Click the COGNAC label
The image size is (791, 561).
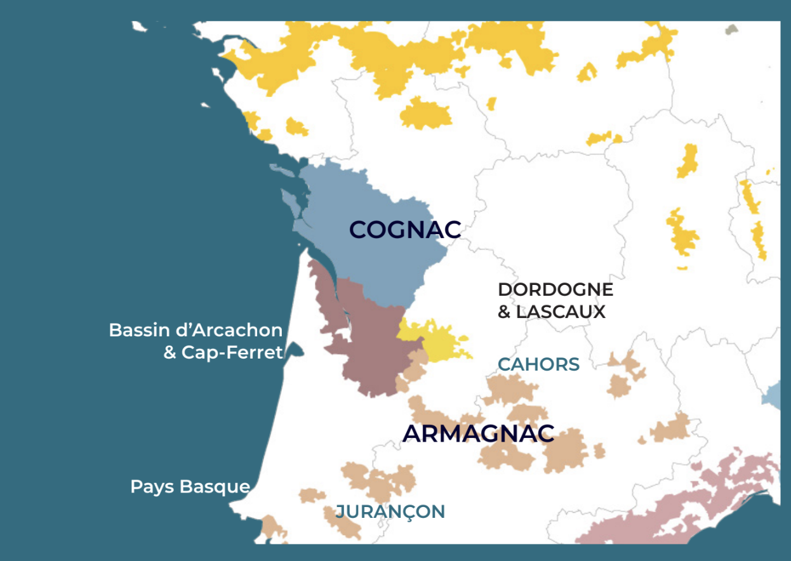[404, 230]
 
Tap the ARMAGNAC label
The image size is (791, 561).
[479, 434]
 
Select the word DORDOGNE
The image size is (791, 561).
[555, 290]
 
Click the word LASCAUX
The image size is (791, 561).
[561, 312]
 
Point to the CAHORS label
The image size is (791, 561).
[538, 364]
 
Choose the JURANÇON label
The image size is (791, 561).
[390, 511]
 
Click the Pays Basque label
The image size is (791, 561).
[190, 487]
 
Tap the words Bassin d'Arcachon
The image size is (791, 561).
[196, 330]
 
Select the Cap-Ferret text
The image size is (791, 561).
[232, 352]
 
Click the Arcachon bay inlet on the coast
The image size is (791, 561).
[296, 351]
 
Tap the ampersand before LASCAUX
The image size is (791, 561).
[505, 312]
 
